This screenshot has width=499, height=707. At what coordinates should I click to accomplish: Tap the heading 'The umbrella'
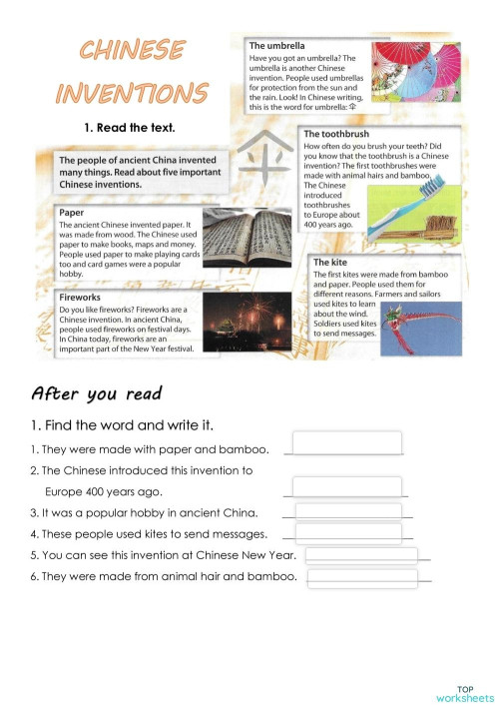[277, 46]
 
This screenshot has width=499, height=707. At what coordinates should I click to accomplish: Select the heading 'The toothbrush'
[338, 134]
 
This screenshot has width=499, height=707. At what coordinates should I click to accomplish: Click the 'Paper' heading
[71, 213]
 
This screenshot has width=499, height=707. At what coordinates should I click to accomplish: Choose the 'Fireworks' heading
[80, 298]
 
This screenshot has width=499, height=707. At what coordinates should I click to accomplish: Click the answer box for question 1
[346, 442]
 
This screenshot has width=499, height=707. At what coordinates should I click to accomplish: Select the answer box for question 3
[348, 512]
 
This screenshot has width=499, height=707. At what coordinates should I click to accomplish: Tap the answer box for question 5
[361, 555]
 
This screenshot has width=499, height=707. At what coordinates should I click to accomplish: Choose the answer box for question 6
[361, 577]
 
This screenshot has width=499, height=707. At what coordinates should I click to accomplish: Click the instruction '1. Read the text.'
[130, 127]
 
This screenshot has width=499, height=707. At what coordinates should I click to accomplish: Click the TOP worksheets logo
[464, 694]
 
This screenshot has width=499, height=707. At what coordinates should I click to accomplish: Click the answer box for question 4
[348, 533]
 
